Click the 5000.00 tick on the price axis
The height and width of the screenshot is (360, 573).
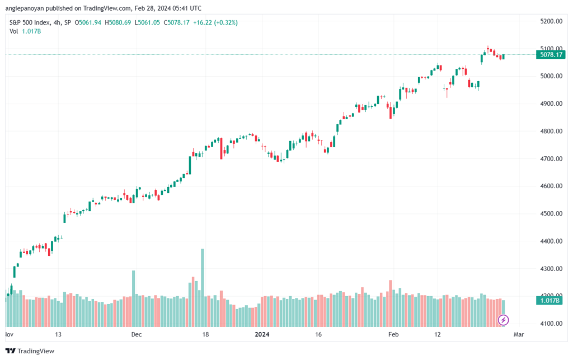(x=551, y=76)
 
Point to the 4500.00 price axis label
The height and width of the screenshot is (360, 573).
(x=551, y=213)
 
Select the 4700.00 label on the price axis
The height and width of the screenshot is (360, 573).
(x=551, y=158)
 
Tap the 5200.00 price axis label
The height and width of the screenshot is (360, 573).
(x=551, y=21)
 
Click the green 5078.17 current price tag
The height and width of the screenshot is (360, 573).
(x=551, y=55)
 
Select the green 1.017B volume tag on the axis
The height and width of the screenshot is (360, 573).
(x=549, y=301)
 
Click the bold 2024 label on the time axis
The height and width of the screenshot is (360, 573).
(x=262, y=334)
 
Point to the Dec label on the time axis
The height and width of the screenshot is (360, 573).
(x=137, y=334)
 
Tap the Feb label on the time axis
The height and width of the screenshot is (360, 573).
(x=393, y=334)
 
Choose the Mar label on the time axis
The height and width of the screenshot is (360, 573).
(x=519, y=334)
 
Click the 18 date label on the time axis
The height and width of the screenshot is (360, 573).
(x=206, y=334)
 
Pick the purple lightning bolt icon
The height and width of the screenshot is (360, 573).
(x=503, y=320)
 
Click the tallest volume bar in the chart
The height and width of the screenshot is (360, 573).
(x=203, y=288)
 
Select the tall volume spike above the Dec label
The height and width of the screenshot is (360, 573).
(x=133, y=298)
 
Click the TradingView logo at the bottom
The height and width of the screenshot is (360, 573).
(x=30, y=351)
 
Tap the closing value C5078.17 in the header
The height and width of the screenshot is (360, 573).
(x=176, y=22)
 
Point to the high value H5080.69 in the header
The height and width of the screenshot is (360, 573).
(x=118, y=22)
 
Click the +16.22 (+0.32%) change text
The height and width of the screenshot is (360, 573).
(x=215, y=22)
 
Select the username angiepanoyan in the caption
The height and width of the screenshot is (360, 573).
(x=25, y=8)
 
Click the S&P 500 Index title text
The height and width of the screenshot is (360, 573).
(x=30, y=22)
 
